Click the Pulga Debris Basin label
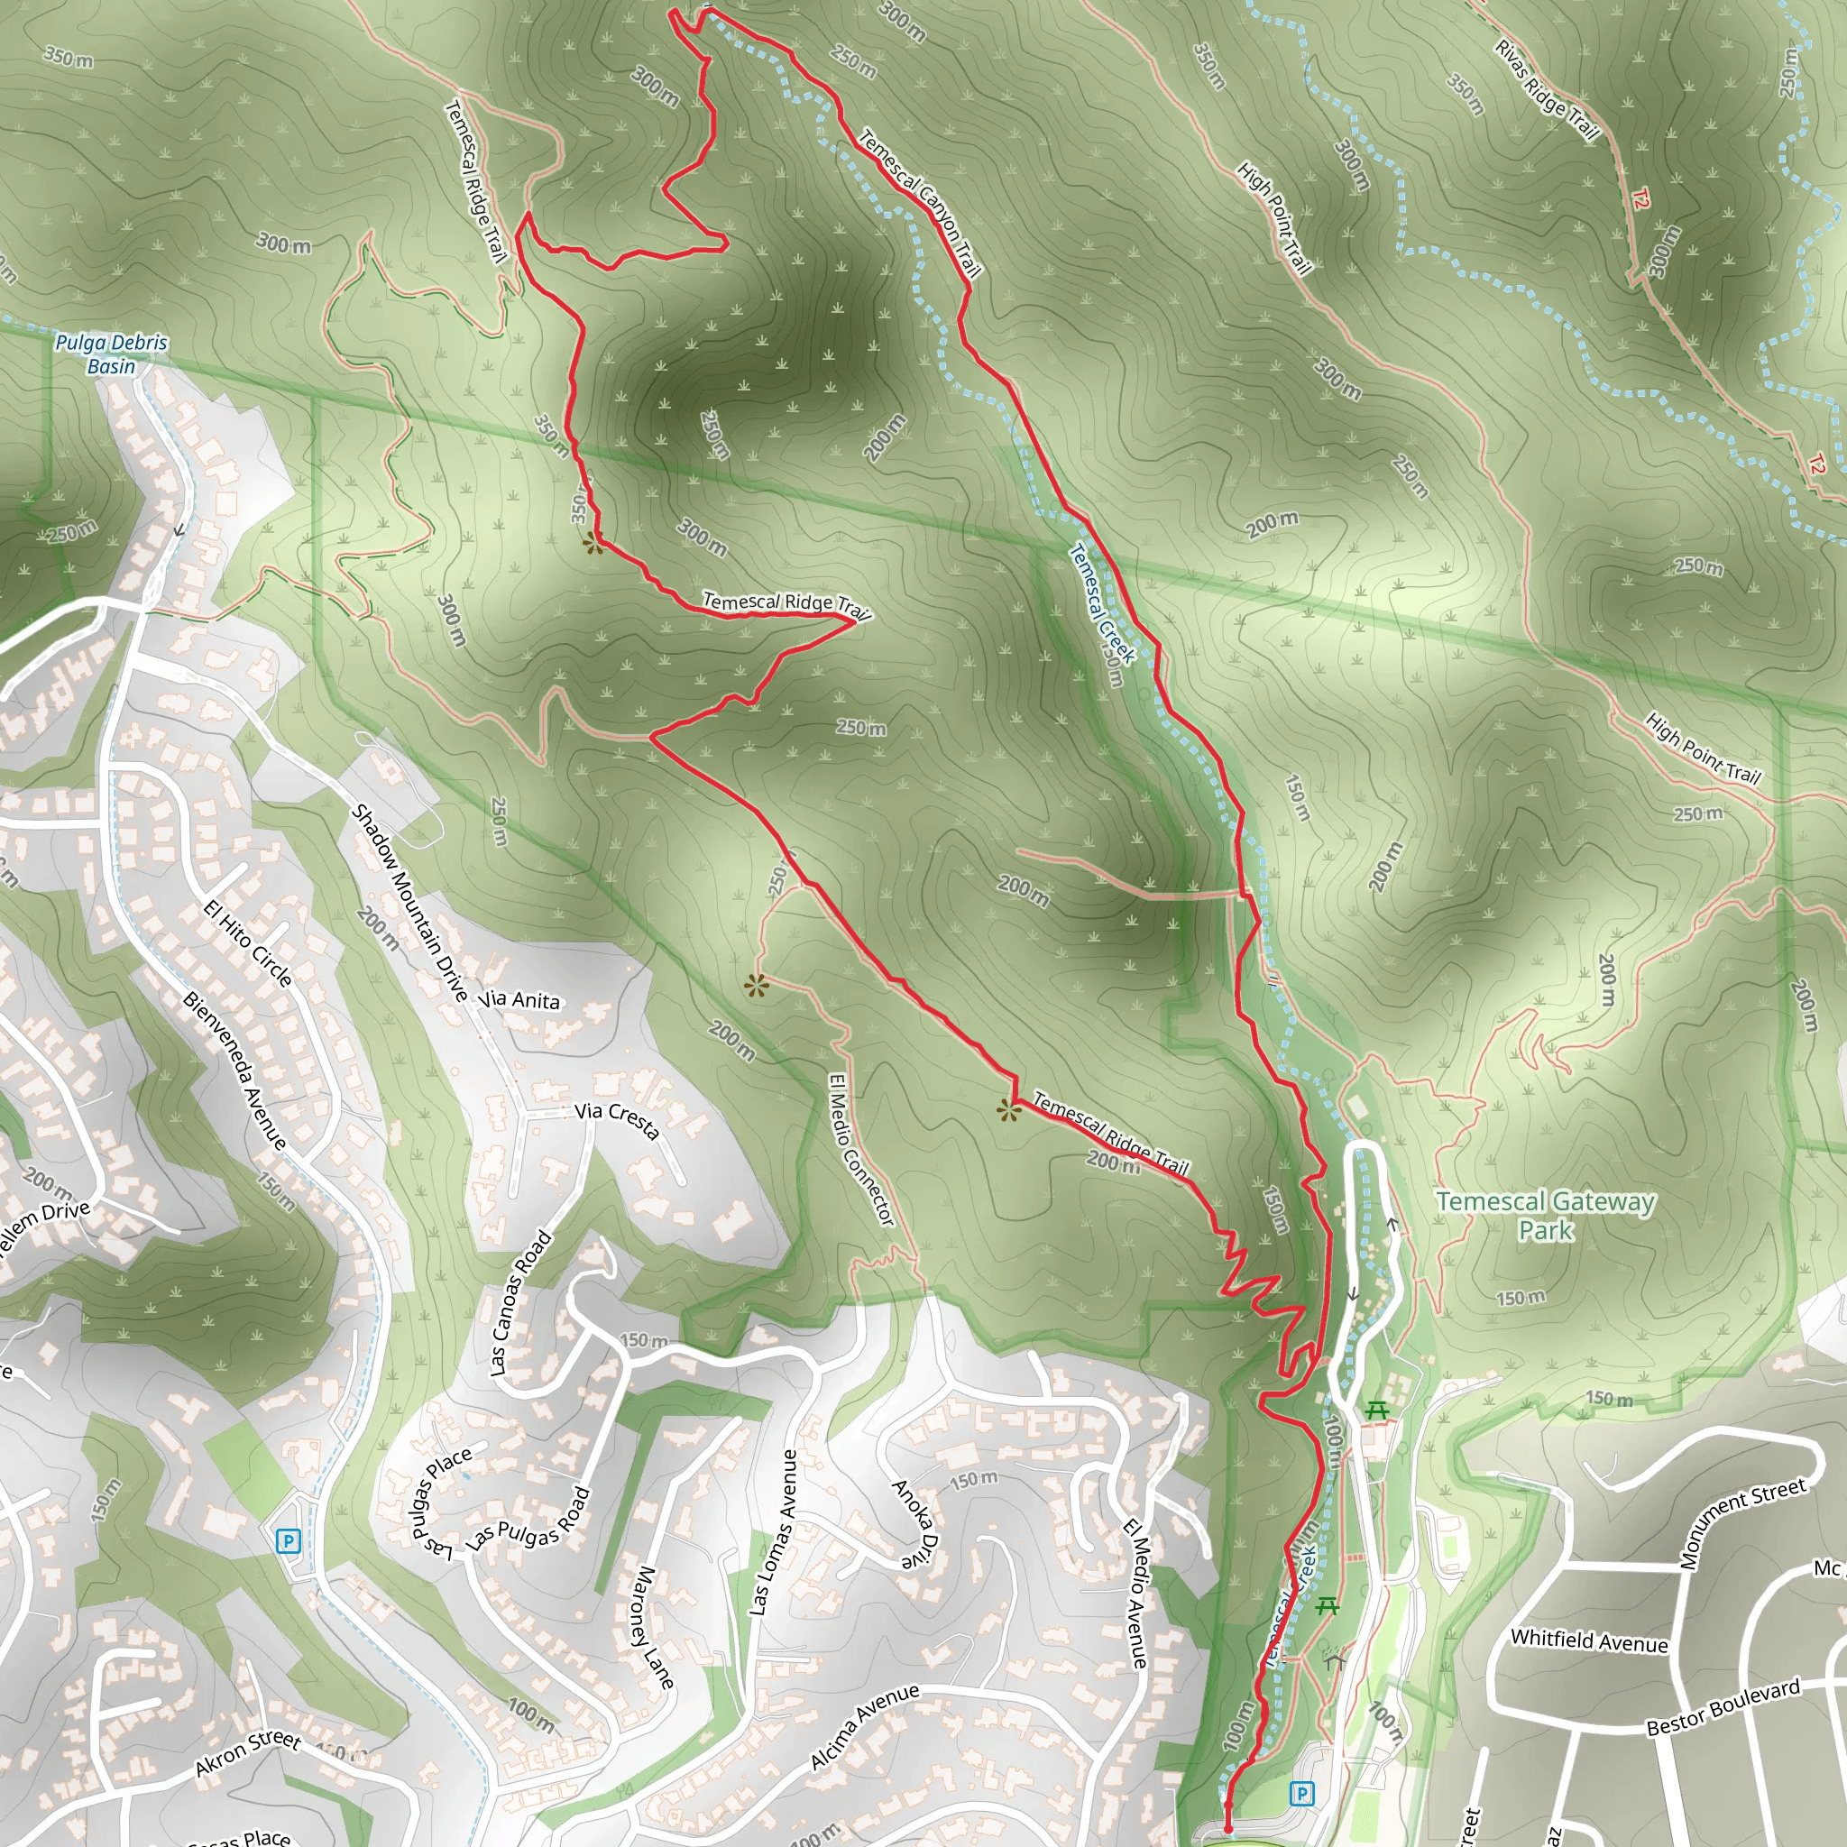coord(111,354)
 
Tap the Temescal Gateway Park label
coord(1545,1215)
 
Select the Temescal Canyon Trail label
coord(920,203)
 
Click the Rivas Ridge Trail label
coord(1547,91)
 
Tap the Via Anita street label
coord(519,1000)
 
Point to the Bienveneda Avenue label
coord(234,1071)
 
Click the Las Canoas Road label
coord(521,1303)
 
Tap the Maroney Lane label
coord(655,1626)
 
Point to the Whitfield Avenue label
coord(1589,1640)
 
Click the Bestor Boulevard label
coord(1723,1707)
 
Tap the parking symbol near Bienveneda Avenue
coord(288,1540)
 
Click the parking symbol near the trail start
coord(1301,1793)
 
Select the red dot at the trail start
coord(1227,1829)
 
